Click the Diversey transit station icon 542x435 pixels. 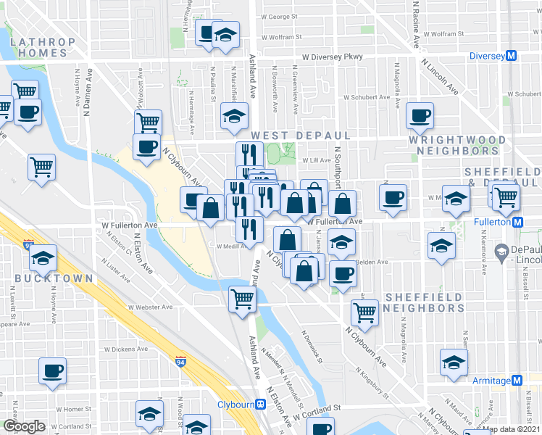[512, 56]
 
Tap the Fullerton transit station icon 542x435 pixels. [518, 222]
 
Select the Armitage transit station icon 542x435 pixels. [517, 381]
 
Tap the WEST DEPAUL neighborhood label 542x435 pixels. [301, 136]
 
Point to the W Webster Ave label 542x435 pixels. [151, 307]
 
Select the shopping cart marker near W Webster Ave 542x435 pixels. [242, 298]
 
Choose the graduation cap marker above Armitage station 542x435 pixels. [454, 362]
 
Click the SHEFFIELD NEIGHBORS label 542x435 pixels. [425, 302]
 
